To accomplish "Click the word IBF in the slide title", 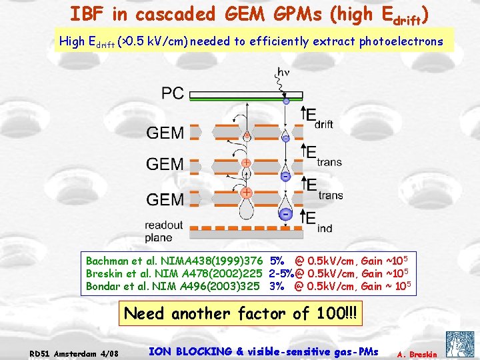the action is (x=87, y=13).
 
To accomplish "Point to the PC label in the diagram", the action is (x=172, y=93).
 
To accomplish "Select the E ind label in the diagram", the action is (x=315, y=221).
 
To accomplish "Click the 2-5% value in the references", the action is (x=281, y=273).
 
